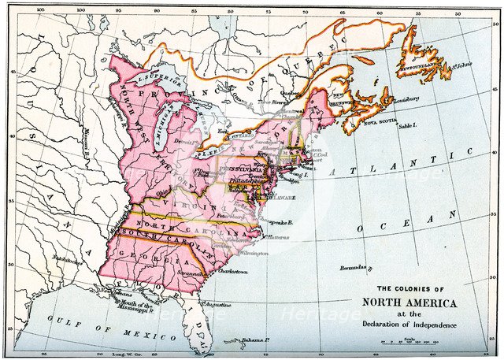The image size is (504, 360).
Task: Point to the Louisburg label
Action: [x=403, y=100]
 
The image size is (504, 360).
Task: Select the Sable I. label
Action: [x=407, y=125]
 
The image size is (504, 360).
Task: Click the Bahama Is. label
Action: [x=256, y=340]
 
